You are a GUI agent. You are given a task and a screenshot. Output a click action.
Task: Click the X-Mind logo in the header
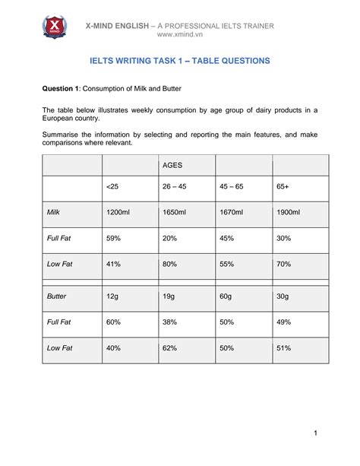54,29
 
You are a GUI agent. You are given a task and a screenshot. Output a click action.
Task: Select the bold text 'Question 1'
62,88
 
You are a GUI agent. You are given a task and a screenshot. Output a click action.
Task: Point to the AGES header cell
174,165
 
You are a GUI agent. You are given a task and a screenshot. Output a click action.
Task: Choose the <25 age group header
113,187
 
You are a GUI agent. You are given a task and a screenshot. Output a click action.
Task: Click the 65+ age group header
283,187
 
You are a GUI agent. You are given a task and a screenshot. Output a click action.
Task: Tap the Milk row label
54,212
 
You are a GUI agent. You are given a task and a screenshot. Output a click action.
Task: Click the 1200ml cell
118,212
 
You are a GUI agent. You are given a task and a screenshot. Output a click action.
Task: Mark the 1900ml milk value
289,212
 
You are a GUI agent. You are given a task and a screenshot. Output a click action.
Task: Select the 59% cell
115,238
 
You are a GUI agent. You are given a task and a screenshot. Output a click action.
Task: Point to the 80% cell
171,264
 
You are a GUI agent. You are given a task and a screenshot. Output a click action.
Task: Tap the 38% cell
171,322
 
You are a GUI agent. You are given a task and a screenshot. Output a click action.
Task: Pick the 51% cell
284,348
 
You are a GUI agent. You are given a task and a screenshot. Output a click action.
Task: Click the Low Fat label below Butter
60,348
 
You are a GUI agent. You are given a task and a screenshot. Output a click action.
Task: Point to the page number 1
314,433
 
